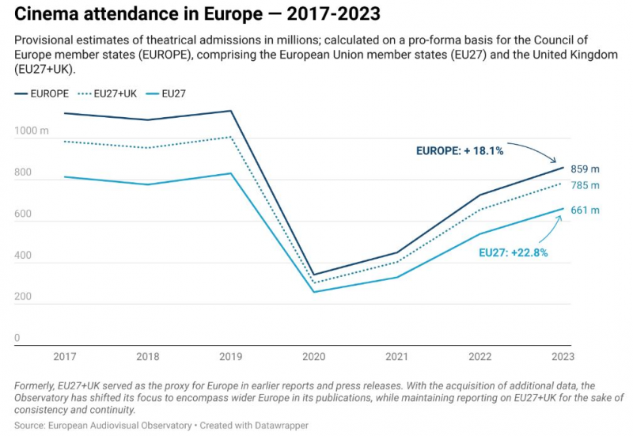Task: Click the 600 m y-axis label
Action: pyautogui.click(x=25, y=214)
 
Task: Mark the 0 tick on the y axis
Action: pyautogui.click(x=17, y=339)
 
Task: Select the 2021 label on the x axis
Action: pyautogui.click(x=397, y=358)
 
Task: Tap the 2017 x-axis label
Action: pyautogui.click(x=65, y=358)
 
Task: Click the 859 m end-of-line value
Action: pyautogui.click(x=585, y=169)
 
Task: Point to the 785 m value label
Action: pyautogui.click(x=585, y=186)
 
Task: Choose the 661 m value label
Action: pyautogui.click(x=585, y=210)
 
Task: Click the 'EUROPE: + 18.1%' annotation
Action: pyautogui.click(x=460, y=150)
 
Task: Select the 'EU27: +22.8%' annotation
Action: pyautogui.click(x=514, y=253)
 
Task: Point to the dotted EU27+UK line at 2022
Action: pyautogui.click(x=480, y=210)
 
